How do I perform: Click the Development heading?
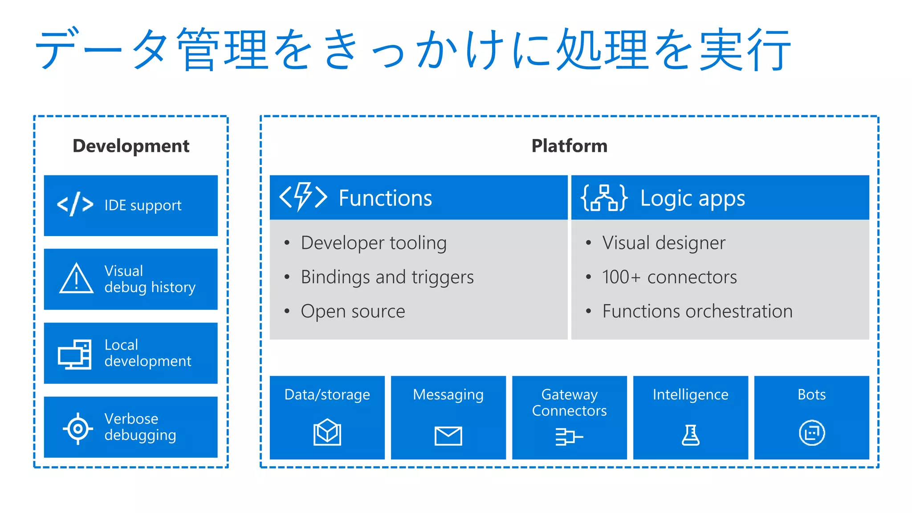point(131,146)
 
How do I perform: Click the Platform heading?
point(569,146)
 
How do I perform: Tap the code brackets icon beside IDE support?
point(75,204)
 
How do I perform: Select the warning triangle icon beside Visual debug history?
point(77,279)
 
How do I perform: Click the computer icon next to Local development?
point(75,354)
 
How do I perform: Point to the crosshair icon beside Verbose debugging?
point(78,428)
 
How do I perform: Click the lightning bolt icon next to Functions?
point(303,196)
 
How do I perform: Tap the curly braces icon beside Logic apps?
point(604,197)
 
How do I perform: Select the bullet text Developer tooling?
point(373,243)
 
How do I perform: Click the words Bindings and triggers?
point(387,277)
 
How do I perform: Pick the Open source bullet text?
point(353,311)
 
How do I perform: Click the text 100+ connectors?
point(669,277)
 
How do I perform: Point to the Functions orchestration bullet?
point(697,311)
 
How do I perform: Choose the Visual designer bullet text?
point(664,243)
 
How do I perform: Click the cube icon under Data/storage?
point(327,432)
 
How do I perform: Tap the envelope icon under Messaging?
point(448,436)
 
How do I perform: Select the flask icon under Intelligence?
point(690,435)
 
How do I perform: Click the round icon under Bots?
point(811,432)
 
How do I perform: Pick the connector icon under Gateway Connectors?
point(569,436)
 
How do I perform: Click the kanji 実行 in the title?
point(745,49)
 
